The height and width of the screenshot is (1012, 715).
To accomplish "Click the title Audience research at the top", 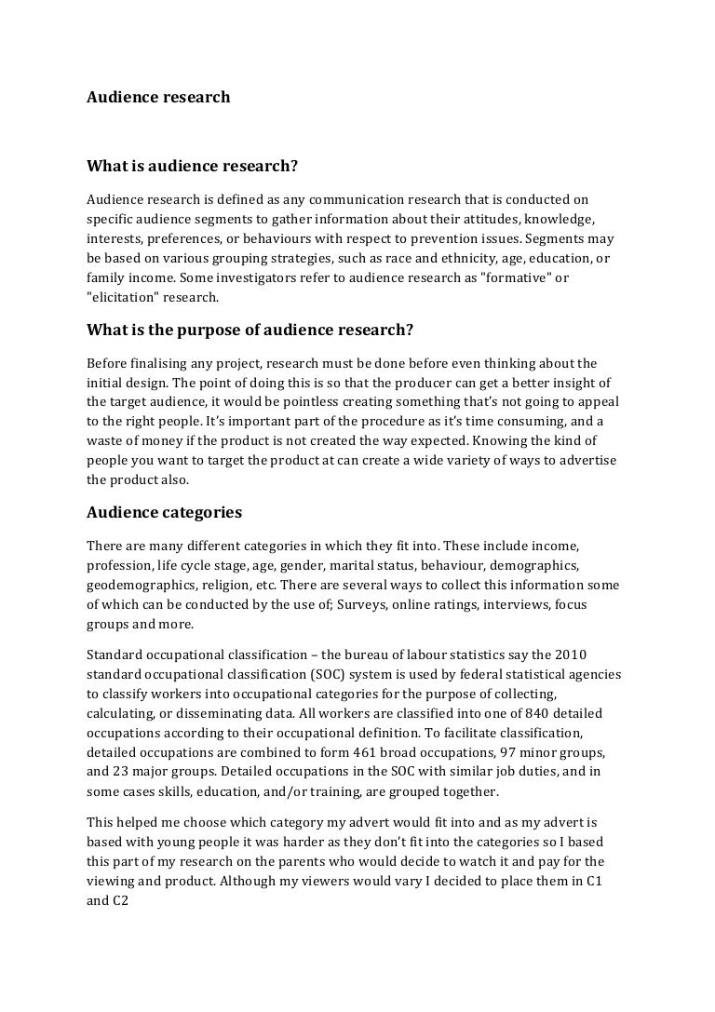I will pyautogui.click(x=158, y=97).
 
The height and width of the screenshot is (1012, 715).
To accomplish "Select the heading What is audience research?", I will pyautogui.click(x=192, y=167).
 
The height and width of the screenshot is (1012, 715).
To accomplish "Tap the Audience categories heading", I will pyautogui.click(x=164, y=512).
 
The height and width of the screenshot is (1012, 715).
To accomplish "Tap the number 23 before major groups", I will pyautogui.click(x=124, y=772).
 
